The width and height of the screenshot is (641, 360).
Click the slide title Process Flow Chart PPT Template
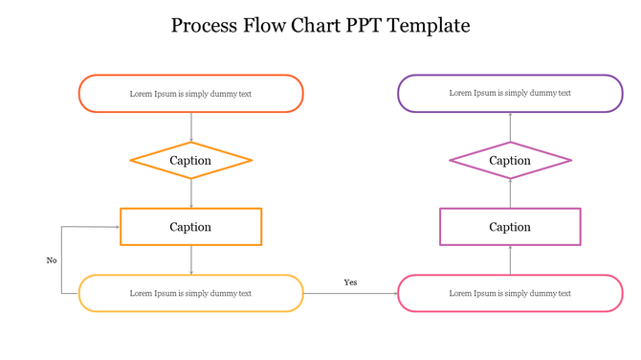[x=320, y=26]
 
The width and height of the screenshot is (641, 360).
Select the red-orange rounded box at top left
[x=190, y=94]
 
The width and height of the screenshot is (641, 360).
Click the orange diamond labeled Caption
[x=190, y=160]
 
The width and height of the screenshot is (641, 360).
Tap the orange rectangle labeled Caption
[x=190, y=227]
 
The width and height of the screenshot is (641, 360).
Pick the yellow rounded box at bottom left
[x=190, y=293]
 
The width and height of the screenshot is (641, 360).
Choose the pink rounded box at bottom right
[x=510, y=293]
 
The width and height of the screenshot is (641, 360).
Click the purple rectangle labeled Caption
[x=510, y=227]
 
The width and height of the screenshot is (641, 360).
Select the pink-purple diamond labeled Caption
[x=510, y=160]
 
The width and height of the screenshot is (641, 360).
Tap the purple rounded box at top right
[x=510, y=94]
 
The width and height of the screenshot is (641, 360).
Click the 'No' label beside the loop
[x=52, y=260]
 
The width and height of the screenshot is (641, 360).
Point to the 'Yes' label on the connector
[x=350, y=282]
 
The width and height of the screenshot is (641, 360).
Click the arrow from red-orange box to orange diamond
[x=191, y=126]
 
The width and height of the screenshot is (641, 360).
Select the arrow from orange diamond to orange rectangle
[x=191, y=193]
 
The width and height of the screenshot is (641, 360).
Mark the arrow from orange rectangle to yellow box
[x=191, y=259]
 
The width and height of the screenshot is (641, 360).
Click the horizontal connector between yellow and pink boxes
[x=350, y=293]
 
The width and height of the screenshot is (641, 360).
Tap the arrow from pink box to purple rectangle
[x=510, y=260]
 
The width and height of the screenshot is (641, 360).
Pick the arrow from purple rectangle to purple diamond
[x=510, y=193]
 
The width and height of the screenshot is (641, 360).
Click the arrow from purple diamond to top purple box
[x=510, y=127]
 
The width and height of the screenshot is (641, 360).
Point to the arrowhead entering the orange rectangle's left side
[x=116, y=227]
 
